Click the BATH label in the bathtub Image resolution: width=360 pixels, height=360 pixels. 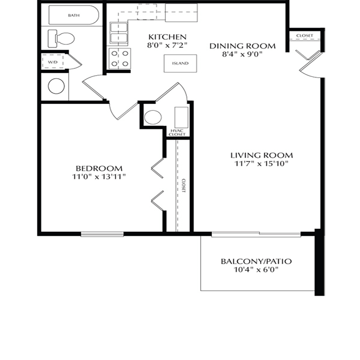tap(74, 15)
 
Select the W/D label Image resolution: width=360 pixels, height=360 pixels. tap(53, 62)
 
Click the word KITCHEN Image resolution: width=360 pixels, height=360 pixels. tap(167, 37)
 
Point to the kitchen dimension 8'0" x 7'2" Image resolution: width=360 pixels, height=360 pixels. tap(167, 45)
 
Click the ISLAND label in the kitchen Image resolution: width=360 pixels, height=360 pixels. tap(180, 63)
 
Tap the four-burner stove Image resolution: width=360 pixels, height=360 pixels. tap(120, 59)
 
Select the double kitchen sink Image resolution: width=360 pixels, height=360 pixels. tap(119, 33)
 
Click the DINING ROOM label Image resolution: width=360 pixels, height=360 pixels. tap(242, 46)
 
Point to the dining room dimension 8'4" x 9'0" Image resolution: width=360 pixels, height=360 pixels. tap(242, 54)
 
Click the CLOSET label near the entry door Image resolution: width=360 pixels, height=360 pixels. tap(305, 36)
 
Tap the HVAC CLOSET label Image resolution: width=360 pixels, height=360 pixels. tap(177, 132)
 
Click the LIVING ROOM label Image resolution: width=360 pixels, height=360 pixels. tap(262, 156)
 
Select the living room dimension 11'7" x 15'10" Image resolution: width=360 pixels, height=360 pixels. tap(261, 164)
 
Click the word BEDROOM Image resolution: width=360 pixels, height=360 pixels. tap(99, 168)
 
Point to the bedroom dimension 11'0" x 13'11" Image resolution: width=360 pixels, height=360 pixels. tap(99, 177)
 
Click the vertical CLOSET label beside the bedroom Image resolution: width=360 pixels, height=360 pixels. tap(184, 185)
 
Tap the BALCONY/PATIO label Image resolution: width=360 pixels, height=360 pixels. tap(256, 261)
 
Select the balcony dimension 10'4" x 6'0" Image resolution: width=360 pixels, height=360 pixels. tap(256, 270)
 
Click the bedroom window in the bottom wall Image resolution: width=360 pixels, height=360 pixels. tap(102, 234)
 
